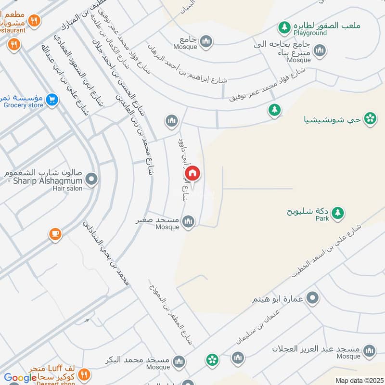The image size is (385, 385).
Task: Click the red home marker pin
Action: [x=192, y=173]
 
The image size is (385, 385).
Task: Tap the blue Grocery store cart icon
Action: [x=53, y=100]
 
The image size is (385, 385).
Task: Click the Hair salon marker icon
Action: [x=91, y=180]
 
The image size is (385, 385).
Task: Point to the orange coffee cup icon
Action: [x=55, y=234]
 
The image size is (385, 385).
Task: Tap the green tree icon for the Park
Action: [x=338, y=212]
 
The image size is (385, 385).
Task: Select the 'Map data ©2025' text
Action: [x=358, y=380]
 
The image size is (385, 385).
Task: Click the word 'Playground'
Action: [x=310, y=33]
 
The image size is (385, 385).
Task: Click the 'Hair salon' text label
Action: [x=67, y=188]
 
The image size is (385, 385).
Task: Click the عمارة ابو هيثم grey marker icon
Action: [x=313, y=298]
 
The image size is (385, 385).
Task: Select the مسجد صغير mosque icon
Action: [x=189, y=221]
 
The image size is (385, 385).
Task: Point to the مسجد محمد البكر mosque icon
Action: [x=179, y=361]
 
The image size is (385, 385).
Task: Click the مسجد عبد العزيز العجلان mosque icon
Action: [x=370, y=350]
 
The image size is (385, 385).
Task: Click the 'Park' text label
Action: [x=322, y=218]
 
